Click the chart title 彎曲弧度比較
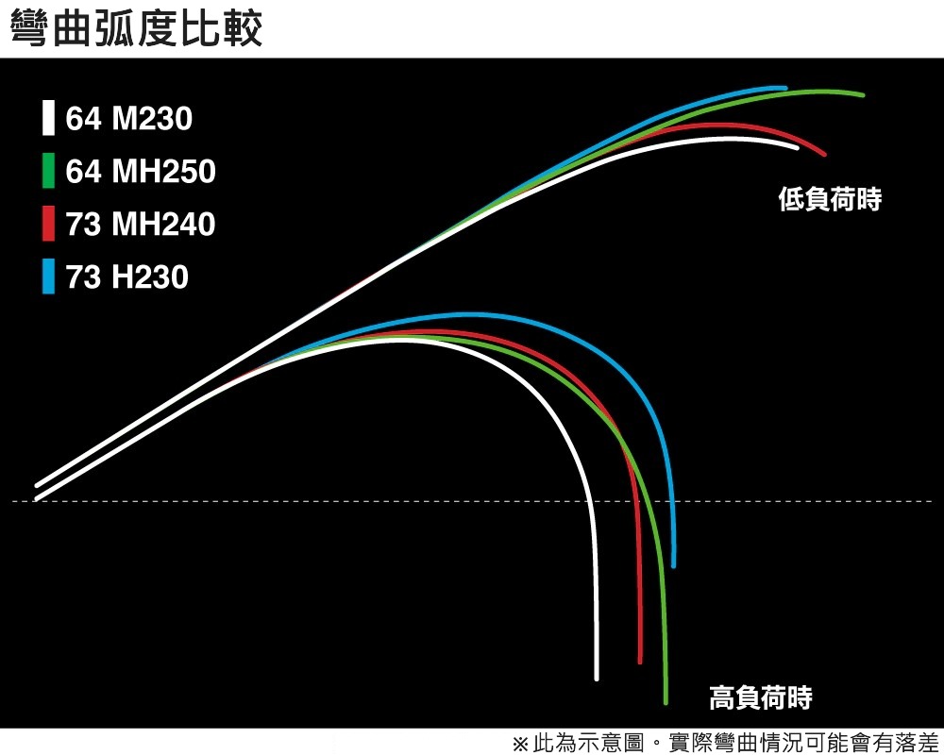[136, 29]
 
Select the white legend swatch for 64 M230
[48, 118]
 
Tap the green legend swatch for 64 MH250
[48, 171]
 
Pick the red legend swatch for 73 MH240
[48, 225]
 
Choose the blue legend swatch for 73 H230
[48, 277]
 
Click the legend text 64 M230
[128, 119]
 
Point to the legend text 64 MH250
[141, 172]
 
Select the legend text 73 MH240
[141, 225]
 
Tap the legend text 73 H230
[127, 277]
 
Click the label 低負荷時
[830, 199]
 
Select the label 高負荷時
[761, 698]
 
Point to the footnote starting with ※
[725, 742]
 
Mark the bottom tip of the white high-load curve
[597, 677]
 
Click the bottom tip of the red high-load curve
[640, 660]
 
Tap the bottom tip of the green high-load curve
[666, 700]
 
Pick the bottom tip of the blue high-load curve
[673, 564]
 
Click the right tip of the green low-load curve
[863, 94]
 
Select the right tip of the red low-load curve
[825, 153]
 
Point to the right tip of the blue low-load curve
[785, 88]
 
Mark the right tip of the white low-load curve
[797, 148]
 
